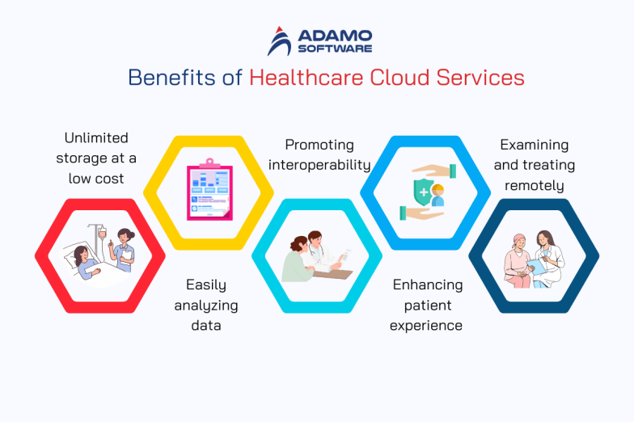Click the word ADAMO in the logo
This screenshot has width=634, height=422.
coord(335,36)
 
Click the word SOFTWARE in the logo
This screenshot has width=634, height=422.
coord(335,49)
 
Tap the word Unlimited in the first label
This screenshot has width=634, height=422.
coord(96,138)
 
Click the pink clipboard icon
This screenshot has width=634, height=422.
coord(209,191)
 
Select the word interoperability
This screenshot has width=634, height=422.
coord(319,165)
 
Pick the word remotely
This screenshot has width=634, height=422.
coord(534,185)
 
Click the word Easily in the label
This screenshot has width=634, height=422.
coord(206,285)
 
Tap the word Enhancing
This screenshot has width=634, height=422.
coord(427,285)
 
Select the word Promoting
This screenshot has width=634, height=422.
coord(319,146)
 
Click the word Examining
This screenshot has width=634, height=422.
coord(534,146)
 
